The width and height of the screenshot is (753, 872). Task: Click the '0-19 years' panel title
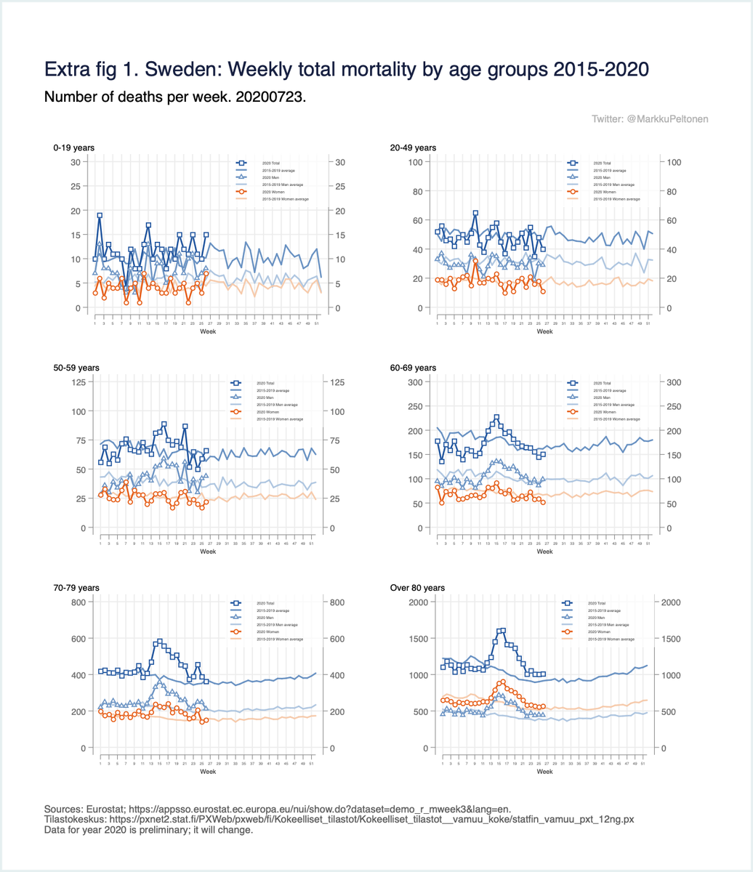point(73,148)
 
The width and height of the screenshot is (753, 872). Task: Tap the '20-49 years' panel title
point(413,148)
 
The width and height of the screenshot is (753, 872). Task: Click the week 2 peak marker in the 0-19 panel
point(100,215)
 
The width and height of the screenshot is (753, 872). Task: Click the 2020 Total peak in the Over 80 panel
point(503,631)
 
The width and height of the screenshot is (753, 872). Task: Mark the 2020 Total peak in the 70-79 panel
point(160,642)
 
